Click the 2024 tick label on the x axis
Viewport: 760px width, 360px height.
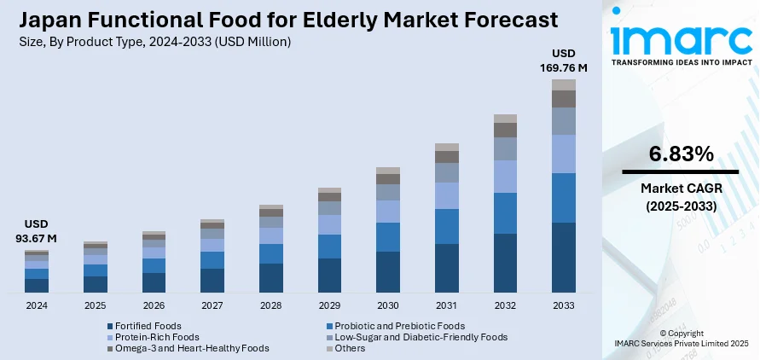point(37,305)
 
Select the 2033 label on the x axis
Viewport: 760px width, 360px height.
point(563,305)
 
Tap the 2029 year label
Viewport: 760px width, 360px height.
point(329,305)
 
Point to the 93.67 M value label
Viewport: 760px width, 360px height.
point(35,239)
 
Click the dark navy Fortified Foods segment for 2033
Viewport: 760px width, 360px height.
point(564,257)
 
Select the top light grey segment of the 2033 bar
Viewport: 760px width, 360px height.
point(564,84)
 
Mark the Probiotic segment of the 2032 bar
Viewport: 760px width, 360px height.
point(506,213)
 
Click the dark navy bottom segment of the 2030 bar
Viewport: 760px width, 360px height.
point(388,271)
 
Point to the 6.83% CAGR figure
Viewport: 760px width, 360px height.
point(680,154)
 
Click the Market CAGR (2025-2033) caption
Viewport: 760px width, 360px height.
point(680,198)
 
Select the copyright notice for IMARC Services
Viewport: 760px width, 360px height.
point(680,338)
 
